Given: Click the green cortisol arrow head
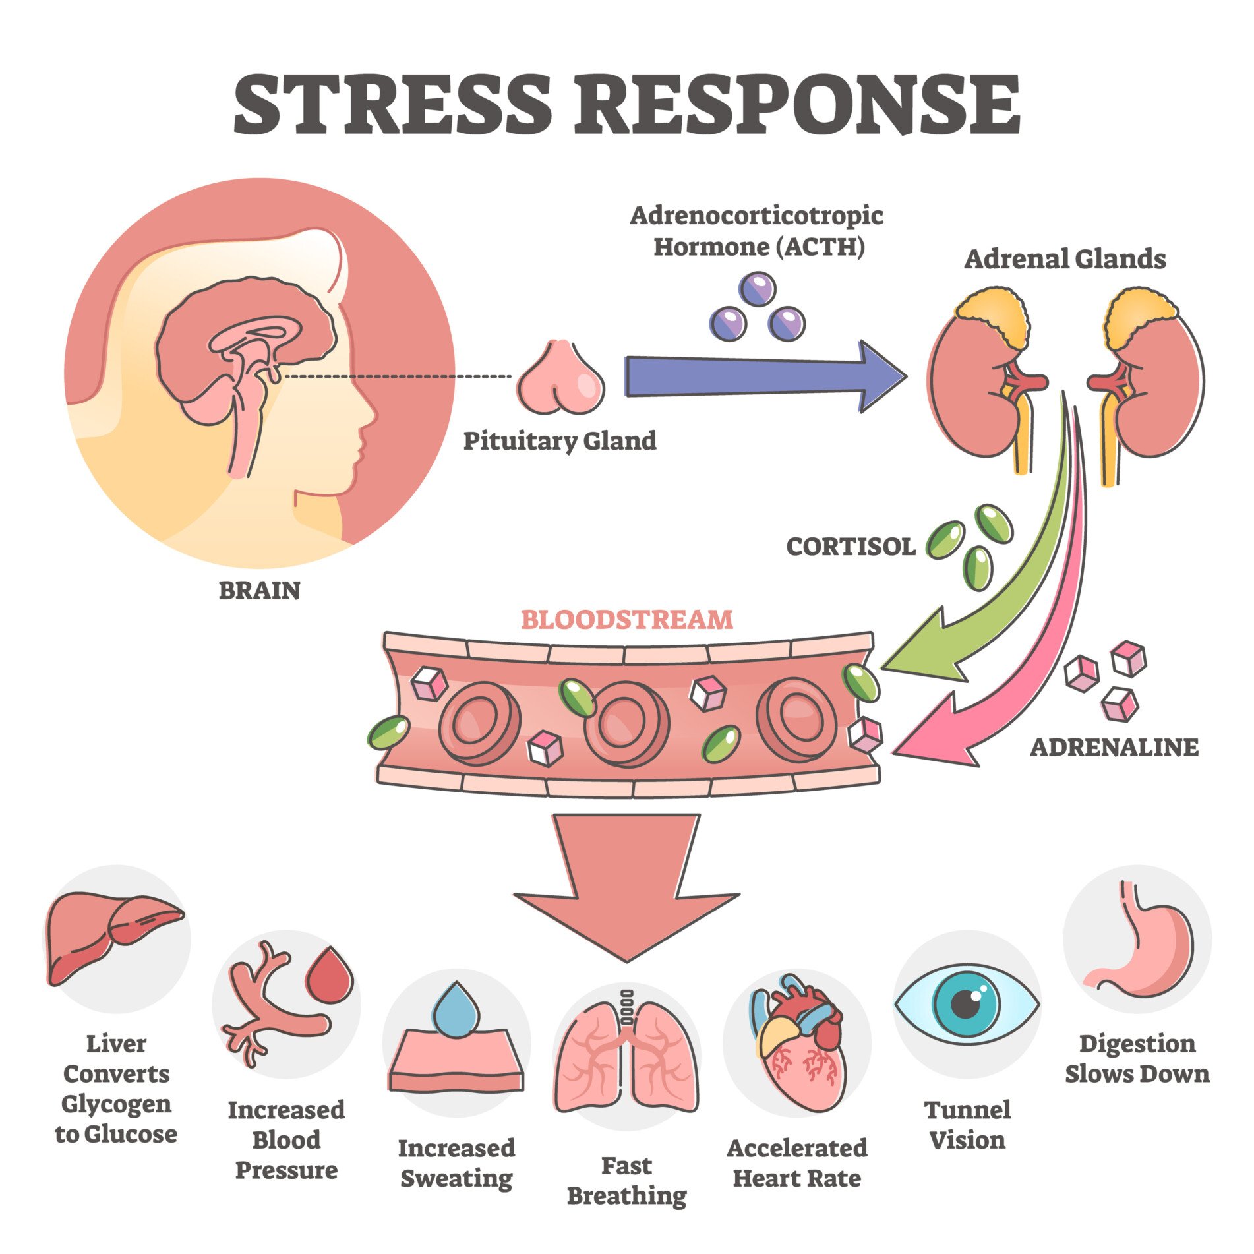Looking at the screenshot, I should pyautogui.click(x=923, y=653).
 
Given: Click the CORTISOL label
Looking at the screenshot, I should pyautogui.click(x=851, y=547).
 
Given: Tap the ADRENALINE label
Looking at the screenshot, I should pyautogui.click(x=1114, y=747).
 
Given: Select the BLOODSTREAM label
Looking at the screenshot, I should pyautogui.click(x=626, y=620).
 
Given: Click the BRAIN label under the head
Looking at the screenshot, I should pyautogui.click(x=259, y=590).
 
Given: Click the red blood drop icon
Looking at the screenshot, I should pyautogui.click(x=329, y=976).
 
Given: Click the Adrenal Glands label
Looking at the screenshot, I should pyautogui.click(x=1065, y=259).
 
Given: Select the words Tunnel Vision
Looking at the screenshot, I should pyautogui.click(x=967, y=1125).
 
